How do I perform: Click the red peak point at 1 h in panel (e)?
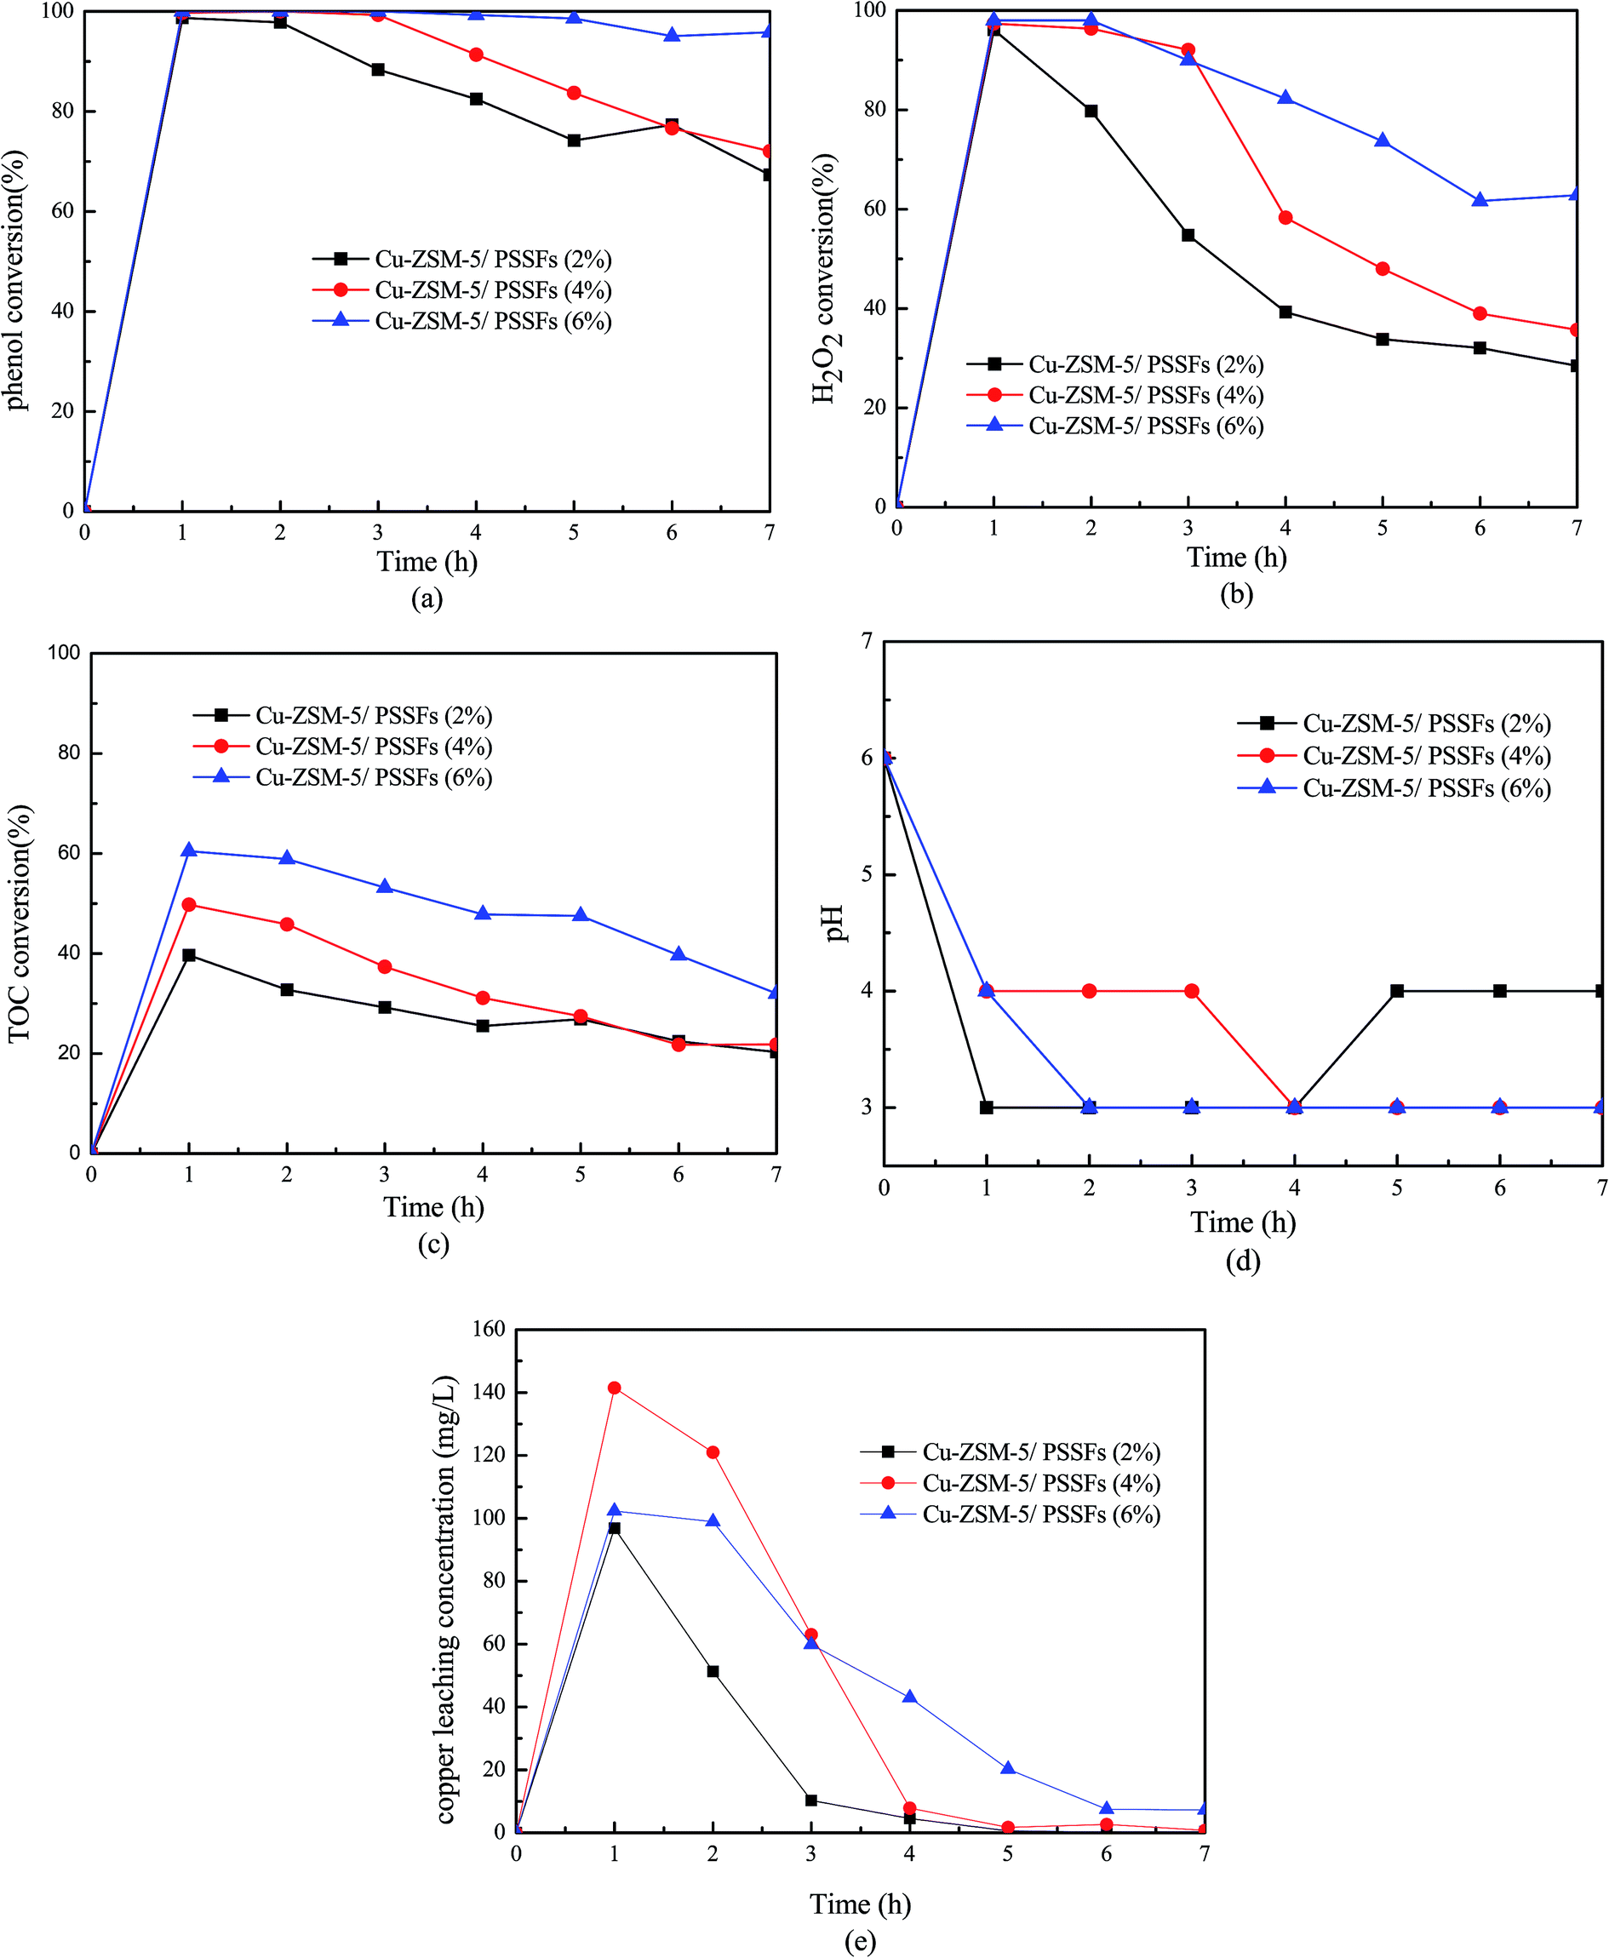pyautogui.click(x=614, y=1387)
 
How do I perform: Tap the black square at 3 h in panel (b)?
pyautogui.click(x=1188, y=235)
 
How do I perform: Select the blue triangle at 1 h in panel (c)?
pyautogui.click(x=189, y=850)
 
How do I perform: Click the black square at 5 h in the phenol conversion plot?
pyautogui.click(x=574, y=140)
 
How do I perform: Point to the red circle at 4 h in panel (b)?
pyautogui.click(x=1285, y=218)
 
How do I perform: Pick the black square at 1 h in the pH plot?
pyautogui.click(x=986, y=1108)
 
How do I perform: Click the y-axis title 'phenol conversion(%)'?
pyautogui.click(x=16, y=280)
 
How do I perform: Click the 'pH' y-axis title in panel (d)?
pyautogui.click(x=837, y=923)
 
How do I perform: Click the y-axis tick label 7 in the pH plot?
pyautogui.click(x=867, y=641)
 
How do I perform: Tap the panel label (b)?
pyautogui.click(x=1236, y=594)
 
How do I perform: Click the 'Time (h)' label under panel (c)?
pyautogui.click(x=434, y=1206)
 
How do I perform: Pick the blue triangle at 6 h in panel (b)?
pyautogui.click(x=1480, y=200)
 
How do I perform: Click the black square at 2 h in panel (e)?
pyautogui.click(x=713, y=1672)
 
